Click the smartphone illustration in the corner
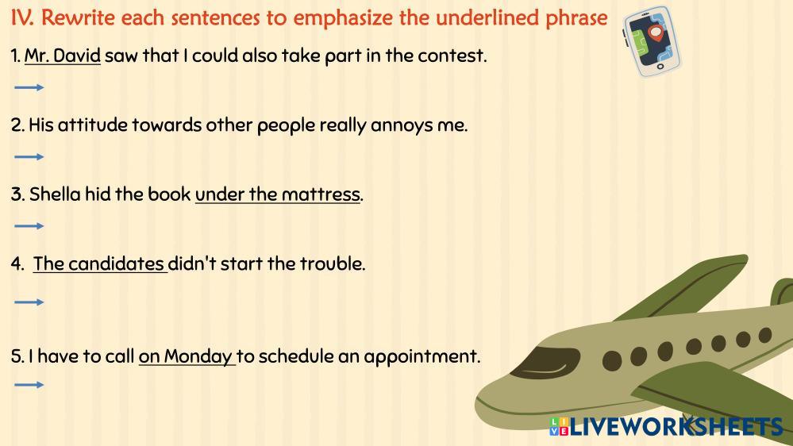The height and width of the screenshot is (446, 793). click(x=652, y=41)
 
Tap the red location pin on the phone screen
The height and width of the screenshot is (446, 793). click(x=656, y=34)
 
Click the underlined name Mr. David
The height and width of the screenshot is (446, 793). click(x=63, y=56)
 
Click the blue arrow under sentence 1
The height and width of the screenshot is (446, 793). click(x=29, y=87)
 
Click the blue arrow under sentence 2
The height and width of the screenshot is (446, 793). click(x=29, y=157)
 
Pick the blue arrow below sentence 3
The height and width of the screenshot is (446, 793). click(x=29, y=226)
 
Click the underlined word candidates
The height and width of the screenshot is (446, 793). click(x=117, y=263)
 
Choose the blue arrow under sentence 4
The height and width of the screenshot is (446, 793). click(x=29, y=302)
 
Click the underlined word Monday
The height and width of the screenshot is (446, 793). click(x=198, y=356)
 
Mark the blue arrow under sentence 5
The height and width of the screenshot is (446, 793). click(x=29, y=385)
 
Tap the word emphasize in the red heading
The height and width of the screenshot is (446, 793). click(x=342, y=18)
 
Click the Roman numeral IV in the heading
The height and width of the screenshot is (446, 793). click(x=22, y=18)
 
